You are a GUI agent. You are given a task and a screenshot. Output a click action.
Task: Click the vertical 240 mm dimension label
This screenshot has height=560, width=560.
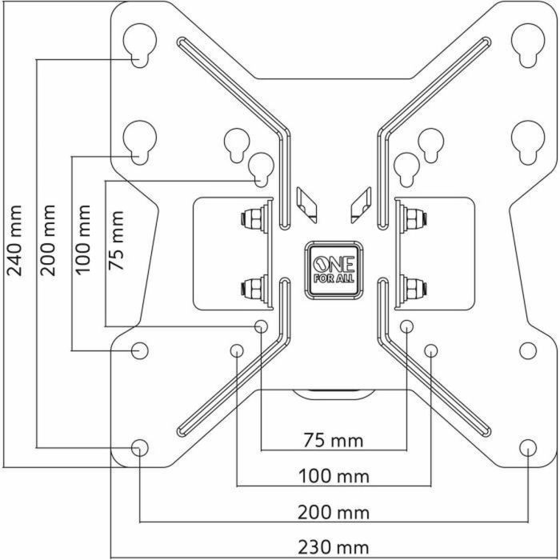14,240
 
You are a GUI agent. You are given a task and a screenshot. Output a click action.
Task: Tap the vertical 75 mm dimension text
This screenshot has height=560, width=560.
117,240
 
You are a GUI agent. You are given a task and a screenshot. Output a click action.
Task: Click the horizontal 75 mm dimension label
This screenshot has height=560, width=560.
333,440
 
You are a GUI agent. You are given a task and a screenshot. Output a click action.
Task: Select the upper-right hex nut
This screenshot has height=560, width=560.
414,218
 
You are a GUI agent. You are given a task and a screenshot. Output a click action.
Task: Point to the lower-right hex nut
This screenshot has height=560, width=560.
414,285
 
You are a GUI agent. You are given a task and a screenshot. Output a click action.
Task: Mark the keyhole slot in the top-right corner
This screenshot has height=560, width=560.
527,43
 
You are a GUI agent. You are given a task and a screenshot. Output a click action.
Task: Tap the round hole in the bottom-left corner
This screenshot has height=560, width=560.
140,447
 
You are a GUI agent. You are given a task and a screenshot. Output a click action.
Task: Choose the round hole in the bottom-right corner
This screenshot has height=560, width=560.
527,447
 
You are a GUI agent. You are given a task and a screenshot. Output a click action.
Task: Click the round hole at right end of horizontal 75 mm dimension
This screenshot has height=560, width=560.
406,326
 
